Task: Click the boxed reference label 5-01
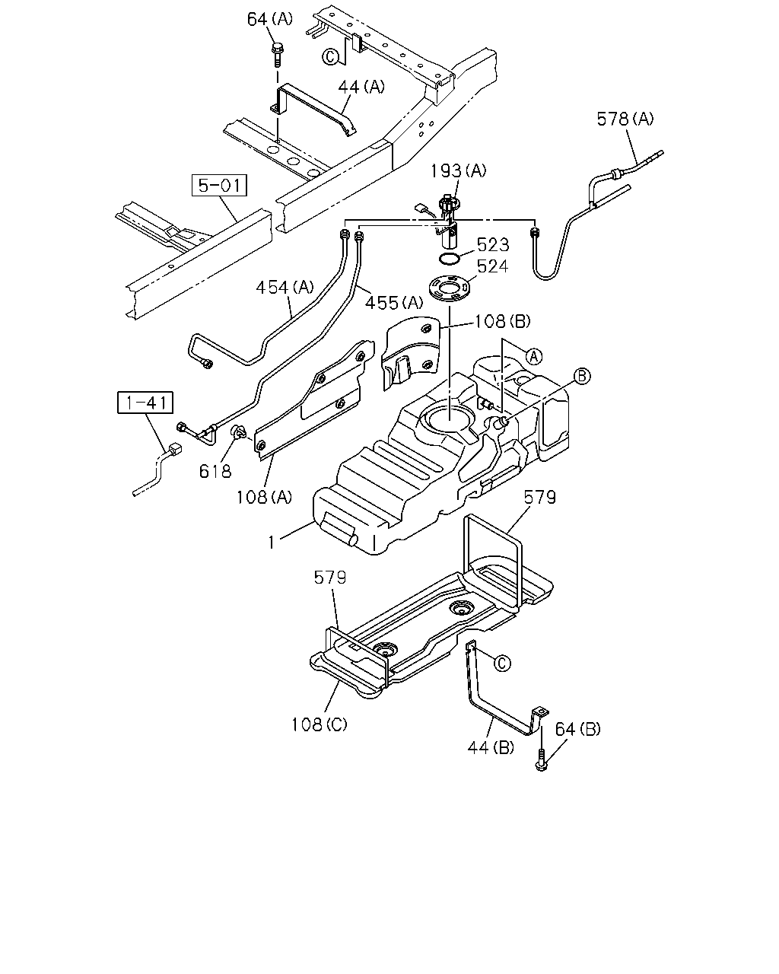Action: pyautogui.click(x=219, y=185)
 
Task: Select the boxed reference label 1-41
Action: pyautogui.click(x=145, y=403)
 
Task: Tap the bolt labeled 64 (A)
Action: pyautogui.click(x=276, y=56)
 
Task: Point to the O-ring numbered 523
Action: pyautogui.click(x=449, y=259)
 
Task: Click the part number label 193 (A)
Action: pyautogui.click(x=458, y=171)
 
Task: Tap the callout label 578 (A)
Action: pyautogui.click(x=625, y=119)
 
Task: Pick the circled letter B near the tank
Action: pyautogui.click(x=582, y=376)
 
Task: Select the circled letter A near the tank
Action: pyautogui.click(x=534, y=357)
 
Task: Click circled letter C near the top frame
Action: pyautogui.click(x=330, y=57)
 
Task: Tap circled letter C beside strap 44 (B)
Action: pyautogui.click(x=502, y=664)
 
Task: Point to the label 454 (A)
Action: pyautogui.click(x=285, y=288)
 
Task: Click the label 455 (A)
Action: pyautogui.click(x=394, y=304)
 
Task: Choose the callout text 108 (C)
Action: pyautogui.click(x=319, y=724)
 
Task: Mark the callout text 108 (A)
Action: pyautogui.click(x=264, y=498)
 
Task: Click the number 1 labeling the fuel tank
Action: pyautogui.click(x=272, y=543)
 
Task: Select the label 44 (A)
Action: pyautogui.click(x=361, y=87)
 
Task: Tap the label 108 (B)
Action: pyautogui.click(x=502, y=321)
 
